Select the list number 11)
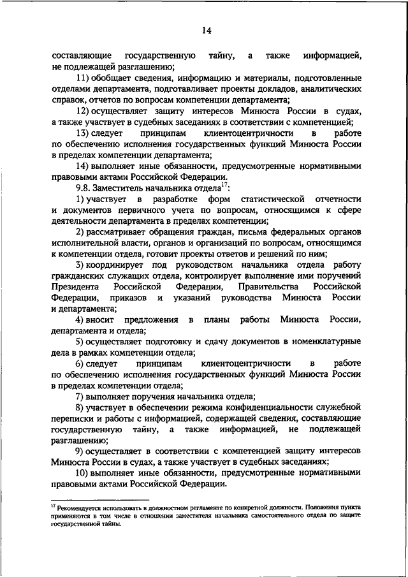click(85, 78)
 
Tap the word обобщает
click(116, 78)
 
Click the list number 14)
click(85, 164)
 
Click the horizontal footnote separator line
click(99, 500)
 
